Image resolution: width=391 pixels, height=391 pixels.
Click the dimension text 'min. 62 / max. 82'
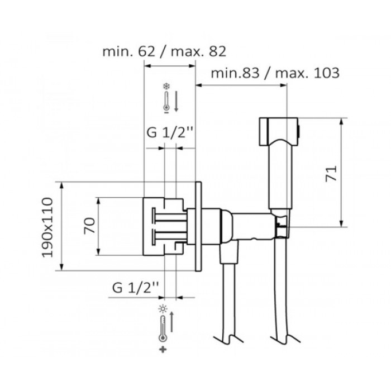(x=164, y=51)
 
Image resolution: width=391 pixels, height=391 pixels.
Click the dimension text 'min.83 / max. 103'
(x=275, y=73)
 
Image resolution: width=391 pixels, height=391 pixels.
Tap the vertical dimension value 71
(x=331, y=174)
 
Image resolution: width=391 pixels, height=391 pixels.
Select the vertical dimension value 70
(x=90, y=226)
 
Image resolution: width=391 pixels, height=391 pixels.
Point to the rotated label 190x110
(x=47, y=227)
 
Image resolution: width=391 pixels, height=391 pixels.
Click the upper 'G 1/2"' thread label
(x=170, y=133)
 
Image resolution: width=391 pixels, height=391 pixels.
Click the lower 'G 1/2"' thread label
(x=136, y=288)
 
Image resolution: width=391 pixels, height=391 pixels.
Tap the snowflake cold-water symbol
(x=166, y=87)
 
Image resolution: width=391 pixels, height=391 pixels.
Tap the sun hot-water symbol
(x=163, y=309)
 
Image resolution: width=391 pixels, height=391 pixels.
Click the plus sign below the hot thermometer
(x=163, y=350)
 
